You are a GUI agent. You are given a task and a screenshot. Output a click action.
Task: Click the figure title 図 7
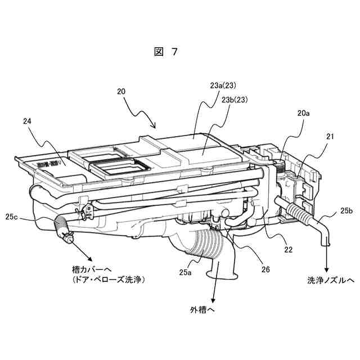166,52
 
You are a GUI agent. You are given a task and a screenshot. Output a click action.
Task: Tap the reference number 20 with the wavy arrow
121,91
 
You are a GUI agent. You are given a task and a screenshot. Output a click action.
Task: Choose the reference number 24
29,121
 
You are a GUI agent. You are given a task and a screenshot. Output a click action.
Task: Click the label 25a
186,272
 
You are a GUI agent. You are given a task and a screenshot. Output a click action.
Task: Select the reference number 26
265,269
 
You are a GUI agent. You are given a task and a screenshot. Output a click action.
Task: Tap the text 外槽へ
203,309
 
